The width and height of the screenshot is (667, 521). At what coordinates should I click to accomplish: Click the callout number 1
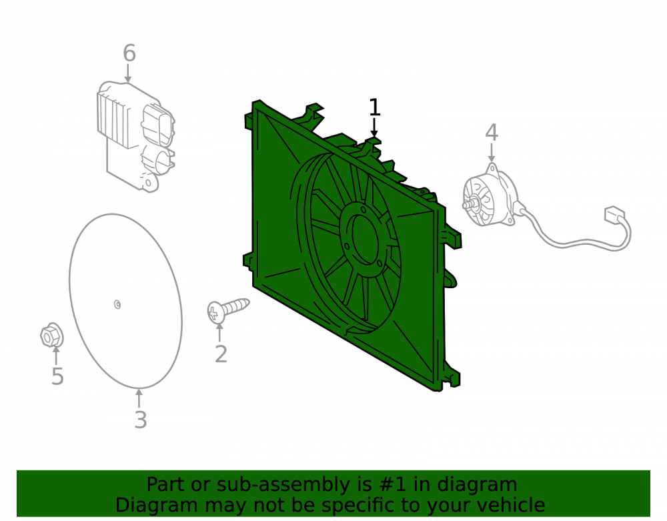point(374,107)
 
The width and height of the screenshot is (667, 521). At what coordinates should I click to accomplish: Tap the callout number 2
point(221,354)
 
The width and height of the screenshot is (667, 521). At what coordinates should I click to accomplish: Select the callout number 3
point(140,420)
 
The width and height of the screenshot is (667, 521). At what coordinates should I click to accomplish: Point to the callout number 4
point(492,133)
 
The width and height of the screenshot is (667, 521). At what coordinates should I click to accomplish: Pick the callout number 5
point(57,376)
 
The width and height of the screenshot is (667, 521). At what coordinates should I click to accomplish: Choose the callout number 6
point(129,53)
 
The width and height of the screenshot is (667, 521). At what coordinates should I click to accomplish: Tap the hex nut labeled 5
point(52,335)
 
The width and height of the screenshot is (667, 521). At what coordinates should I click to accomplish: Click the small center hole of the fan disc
point(117,304)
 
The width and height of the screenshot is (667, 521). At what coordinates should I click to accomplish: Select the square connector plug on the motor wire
point(614,215)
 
